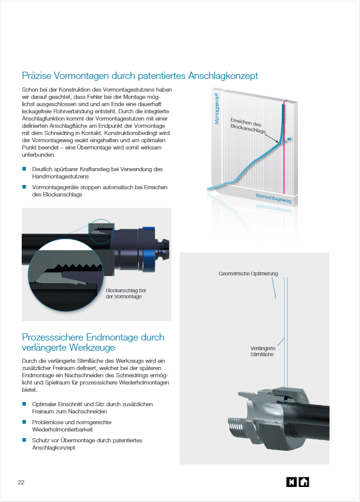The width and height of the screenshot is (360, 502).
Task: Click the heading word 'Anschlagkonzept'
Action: click(x=223, y=76)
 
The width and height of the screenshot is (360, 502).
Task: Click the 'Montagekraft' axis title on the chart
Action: click(x=217, y=109)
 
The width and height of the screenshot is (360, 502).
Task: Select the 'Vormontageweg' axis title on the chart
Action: click(x=273, y=198)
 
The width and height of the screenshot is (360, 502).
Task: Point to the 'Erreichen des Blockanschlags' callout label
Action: click(x=248, y=126)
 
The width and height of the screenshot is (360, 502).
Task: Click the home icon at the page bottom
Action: click(x=304, y=482)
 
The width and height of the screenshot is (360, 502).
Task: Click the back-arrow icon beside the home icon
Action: click(x=291, y=482)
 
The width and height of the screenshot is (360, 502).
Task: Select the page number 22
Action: click(x=21, y=483)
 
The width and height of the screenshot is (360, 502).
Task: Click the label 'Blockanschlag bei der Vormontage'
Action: click(x=125, y=293)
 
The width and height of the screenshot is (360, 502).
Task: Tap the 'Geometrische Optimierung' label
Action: click(x=248, y=274)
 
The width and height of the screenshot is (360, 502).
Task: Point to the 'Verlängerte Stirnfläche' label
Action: click(x=263, y=351)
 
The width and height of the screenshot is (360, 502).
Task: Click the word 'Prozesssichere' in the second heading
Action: click(x=53, y=337)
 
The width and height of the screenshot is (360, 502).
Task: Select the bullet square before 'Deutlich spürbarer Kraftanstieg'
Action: click(x=24, y=169)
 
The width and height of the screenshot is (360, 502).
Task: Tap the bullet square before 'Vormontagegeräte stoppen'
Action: click(x=24, y=187)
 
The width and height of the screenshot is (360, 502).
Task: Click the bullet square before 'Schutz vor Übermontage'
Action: click(x=24, y=440)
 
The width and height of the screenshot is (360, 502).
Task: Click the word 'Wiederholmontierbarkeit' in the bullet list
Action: click(x=63, y=430)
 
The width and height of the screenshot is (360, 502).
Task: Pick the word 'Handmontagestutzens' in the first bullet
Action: click(x=60, y=177)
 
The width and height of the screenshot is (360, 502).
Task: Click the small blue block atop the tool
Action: click(x=148, y=228)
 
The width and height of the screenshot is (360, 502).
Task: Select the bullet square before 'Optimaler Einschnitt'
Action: click(x=24, y=404)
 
